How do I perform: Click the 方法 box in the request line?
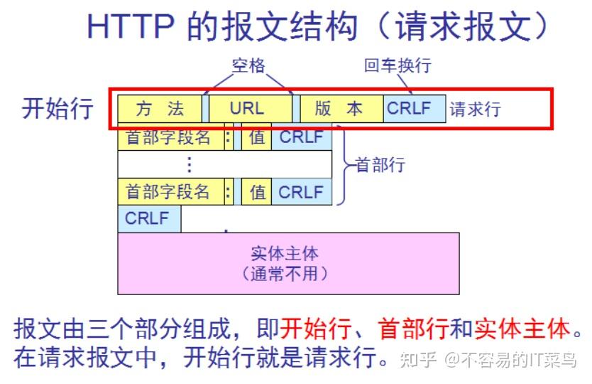(160, 109)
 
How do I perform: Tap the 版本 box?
(341, 109)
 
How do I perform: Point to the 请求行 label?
(476, 109)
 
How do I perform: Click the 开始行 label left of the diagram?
(57, 109)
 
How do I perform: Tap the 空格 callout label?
(248, 66)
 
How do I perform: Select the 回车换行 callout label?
(398, 66)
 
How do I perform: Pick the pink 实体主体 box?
(288, 263)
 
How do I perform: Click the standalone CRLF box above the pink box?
(148, 219)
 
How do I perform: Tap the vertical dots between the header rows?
(189, 164)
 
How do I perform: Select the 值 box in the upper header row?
(256, 137)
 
